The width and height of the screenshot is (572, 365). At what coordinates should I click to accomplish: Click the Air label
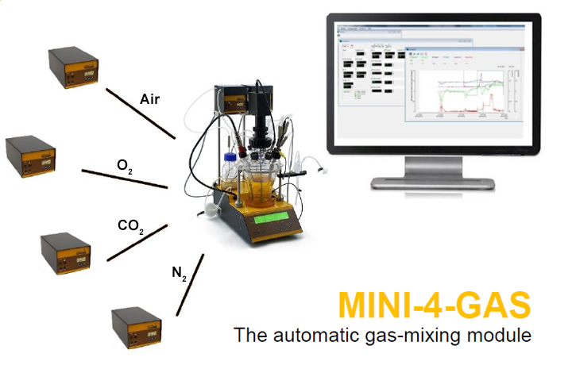(150, 99)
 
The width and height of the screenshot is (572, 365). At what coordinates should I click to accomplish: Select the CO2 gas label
(130, 228)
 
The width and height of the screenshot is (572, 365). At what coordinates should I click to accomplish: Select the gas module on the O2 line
(31, 156)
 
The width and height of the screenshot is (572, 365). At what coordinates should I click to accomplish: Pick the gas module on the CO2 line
(66, 252)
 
